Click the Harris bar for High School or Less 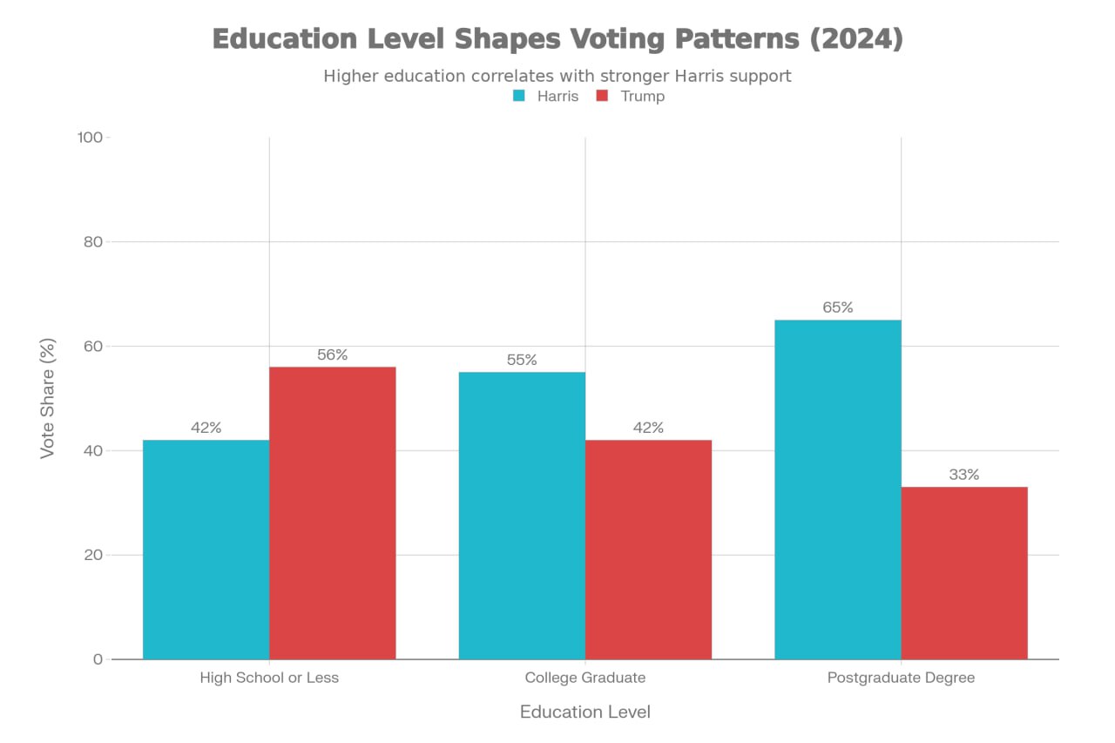(x=206, y=549)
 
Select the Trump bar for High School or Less (x=332, y=513)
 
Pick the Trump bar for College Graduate (x=648, y=549)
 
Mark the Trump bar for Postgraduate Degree (x=964, y=572)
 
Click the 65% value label (x=837, y=307)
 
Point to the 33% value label (x=964, y=475)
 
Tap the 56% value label (x=332, y=355)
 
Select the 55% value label (x=522, y=360)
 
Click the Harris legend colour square (x=519, y=96)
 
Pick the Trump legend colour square (x=602, y=96)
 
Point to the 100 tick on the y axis (x=91, y=138)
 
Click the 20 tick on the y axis (x=93, y=555)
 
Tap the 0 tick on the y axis (x=98, y=659)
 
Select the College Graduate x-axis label (x=585, y=678)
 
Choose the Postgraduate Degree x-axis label (x=901, y=678)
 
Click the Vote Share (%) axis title (x=49, y=398)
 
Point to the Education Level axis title (x=585, y=712)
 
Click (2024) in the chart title (x=855, y=39)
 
